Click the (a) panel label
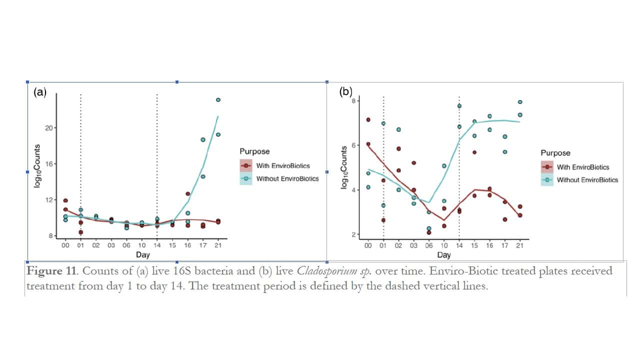(39, 92)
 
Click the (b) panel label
(346, 91)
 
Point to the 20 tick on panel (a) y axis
(49, 128)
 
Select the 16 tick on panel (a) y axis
(49, 164)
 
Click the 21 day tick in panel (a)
(218, 245)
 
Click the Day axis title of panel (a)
(142, 255)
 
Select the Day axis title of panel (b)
(443, 255)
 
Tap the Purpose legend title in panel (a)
(254, 151)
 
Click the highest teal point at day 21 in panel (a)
(218, 100)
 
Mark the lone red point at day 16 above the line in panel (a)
(188, 194)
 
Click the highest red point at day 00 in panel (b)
(368, 119)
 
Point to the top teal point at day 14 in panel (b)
(459, 106)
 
